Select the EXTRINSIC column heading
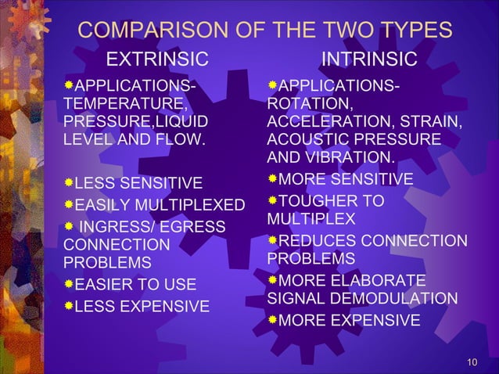(158, 59)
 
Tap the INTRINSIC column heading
(369, 59)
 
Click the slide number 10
(471, 361)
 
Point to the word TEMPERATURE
(124, 103)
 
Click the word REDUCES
(317, 239)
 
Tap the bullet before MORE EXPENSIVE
(272, 319)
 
